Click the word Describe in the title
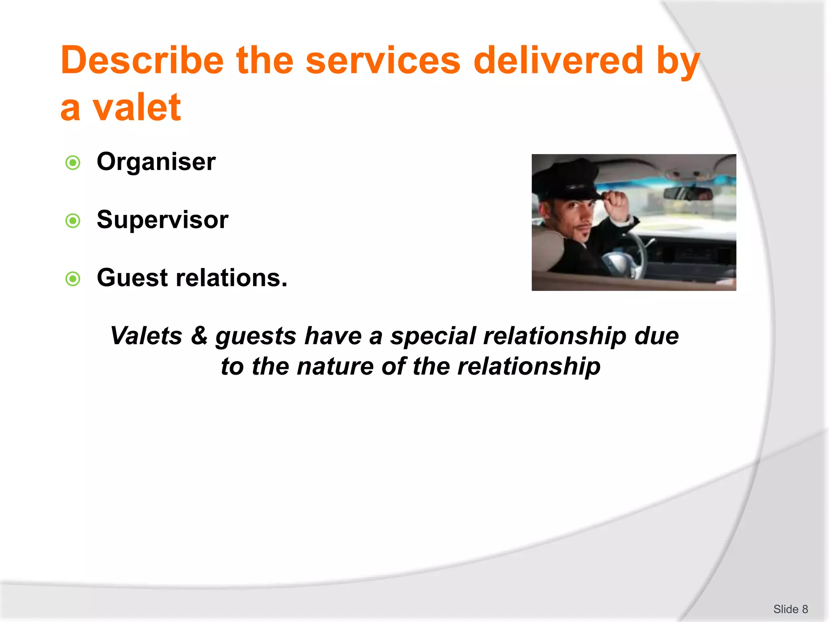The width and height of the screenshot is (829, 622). click(x=142, y=61)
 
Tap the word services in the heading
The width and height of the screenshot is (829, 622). click(x=383, y=61)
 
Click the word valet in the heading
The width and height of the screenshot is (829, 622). click(x=136, y=108)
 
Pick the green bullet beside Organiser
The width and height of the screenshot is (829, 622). click(x=73, y=163)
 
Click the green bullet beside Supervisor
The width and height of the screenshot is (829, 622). click(x=73, y=221)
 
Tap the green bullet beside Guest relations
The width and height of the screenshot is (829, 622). click(x=73, y=279)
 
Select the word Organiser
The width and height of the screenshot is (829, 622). click(x=156, y=162)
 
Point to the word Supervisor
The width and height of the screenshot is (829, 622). click(x=162, y=220)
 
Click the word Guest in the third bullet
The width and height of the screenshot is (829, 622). click(x=132, y=278)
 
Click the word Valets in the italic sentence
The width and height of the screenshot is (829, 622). click(x=146, y=336)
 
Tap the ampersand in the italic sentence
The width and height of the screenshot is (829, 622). click(x=199, y=336)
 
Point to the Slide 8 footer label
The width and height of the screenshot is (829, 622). click(x=790, y=609)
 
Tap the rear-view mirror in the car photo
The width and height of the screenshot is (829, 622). click(x=688, y=194)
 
